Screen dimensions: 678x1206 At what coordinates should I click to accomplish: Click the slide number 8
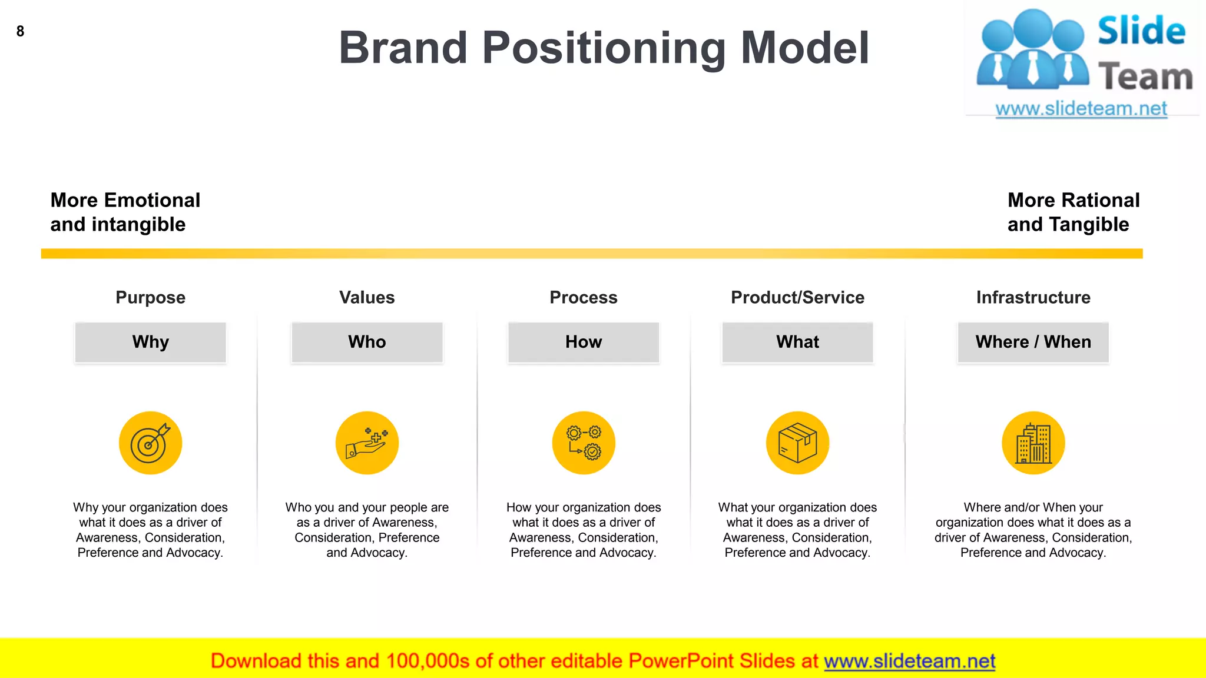[20, 31]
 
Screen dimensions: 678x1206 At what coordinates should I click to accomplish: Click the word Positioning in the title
[604, 48]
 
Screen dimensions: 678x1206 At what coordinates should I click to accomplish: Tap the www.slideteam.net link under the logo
[1081, 109]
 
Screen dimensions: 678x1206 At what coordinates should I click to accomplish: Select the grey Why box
[151, 342]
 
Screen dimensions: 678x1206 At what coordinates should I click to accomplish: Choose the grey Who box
[367, 342]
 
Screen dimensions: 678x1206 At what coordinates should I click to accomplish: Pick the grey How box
[584, 342]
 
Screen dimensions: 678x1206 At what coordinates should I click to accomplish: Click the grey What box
[797, 342]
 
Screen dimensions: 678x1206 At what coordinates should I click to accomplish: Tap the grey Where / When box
[1033, 342]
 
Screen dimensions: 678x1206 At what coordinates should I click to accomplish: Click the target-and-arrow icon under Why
[151, 443]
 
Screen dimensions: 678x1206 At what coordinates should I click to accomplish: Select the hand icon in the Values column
[367, 443]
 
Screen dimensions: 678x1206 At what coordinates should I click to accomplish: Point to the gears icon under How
[584, 443]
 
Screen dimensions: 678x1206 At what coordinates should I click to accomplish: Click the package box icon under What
[797, 443]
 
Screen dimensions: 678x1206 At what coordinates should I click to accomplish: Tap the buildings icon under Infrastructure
[1033, 443]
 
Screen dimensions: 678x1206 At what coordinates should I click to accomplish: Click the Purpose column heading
[151, 297]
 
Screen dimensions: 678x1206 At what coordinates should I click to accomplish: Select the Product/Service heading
[797, 297]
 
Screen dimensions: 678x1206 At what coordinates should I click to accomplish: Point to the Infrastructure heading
[1033, 297]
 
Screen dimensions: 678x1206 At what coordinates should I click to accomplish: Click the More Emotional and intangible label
[125, 212]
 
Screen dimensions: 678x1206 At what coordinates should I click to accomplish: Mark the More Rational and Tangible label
[1073, 212]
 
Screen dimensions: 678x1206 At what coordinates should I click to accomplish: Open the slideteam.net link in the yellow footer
[909, 661]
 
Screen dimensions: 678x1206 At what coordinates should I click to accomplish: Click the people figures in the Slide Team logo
[1032, 50]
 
